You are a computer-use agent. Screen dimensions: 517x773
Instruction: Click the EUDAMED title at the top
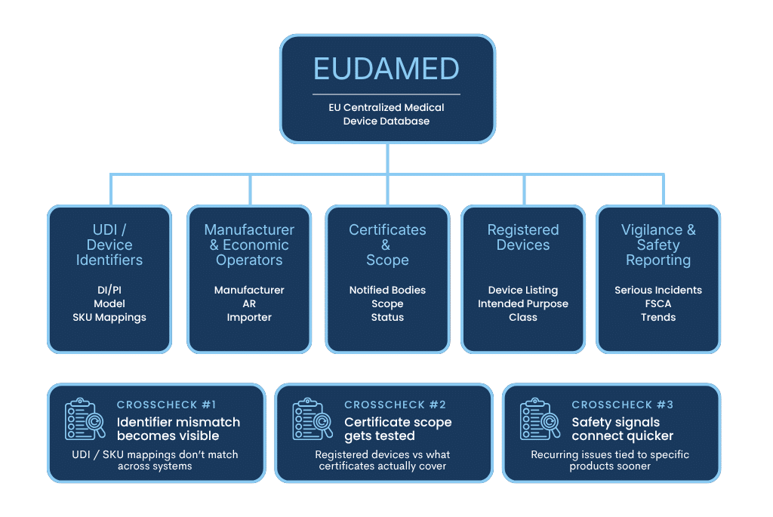tap(386, 69)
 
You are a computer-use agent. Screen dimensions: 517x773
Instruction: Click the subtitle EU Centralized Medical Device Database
tap(386, 114)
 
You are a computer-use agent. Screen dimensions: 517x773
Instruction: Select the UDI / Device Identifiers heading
tap(109, 245)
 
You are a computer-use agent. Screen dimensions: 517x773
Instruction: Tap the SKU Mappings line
tap(109, 317)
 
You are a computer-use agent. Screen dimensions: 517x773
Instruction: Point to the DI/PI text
tap(109, 290)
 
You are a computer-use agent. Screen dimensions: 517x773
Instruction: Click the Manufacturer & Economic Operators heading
tap(249, 245)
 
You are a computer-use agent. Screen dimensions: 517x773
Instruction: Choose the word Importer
tap(249, 317)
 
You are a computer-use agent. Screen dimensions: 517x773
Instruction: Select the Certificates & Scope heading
tap(387, 245)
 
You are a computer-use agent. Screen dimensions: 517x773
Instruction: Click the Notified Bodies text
tap(387, 290)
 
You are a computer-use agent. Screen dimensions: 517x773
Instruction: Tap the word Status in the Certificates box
tap(387, 317)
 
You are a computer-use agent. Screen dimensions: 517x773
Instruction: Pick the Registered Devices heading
tap(523, 237)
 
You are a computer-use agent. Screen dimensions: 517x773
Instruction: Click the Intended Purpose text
tap(523, 303)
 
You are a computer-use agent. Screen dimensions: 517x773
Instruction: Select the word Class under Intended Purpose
tap(523, 317)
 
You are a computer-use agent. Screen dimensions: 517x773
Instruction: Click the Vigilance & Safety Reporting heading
tap(658, 245)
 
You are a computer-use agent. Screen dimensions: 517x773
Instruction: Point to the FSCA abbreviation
tap(658, 303)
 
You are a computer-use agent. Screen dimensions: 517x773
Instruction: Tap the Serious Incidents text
tap(658, 290)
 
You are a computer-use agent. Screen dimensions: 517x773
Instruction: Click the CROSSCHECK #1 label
tap(166, 405)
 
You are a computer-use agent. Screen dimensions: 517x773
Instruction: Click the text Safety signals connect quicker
tap(622, 429)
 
